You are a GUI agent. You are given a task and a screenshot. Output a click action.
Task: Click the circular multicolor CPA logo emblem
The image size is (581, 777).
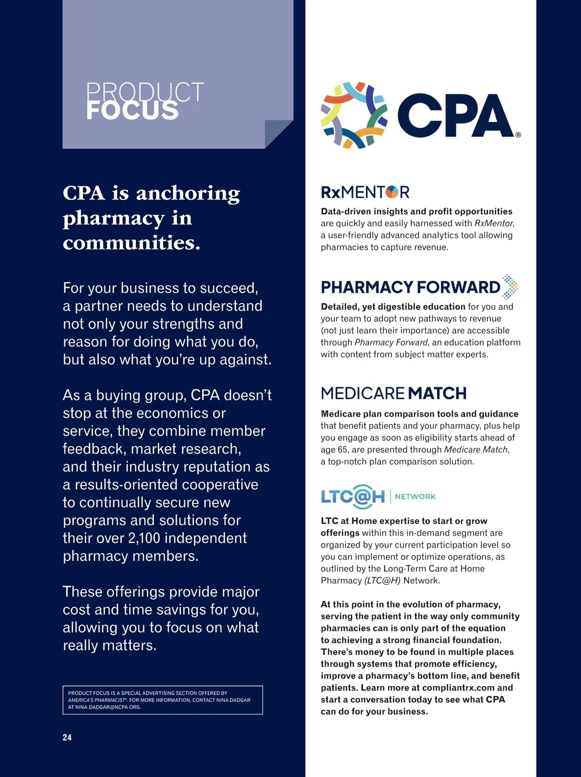(354, 115)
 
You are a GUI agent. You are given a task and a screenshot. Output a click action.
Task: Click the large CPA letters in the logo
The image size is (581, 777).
(455, 116)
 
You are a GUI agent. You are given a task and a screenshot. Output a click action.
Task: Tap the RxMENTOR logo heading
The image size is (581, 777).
(365, 192)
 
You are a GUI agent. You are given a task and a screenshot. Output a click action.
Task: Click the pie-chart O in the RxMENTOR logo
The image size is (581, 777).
(392, 193)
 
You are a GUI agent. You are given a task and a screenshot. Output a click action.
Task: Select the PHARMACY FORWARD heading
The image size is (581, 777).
(410, 287)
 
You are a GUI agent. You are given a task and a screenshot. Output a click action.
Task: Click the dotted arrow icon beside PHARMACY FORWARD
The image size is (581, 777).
(510, 287)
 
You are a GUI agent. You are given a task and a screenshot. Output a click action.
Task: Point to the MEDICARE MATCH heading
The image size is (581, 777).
(394, 393)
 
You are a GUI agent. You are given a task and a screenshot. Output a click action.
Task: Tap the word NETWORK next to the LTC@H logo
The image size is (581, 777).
(415, 496)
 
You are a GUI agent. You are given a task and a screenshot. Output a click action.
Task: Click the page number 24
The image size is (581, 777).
(67, 737)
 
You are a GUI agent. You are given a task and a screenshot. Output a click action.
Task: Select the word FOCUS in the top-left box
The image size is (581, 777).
(132, 111)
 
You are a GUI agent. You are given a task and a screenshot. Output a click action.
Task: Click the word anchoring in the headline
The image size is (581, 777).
(188, 193)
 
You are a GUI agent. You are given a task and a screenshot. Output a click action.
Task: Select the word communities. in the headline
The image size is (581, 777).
(132, 242)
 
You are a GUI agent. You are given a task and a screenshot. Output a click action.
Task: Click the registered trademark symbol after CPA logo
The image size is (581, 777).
(518, 135)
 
